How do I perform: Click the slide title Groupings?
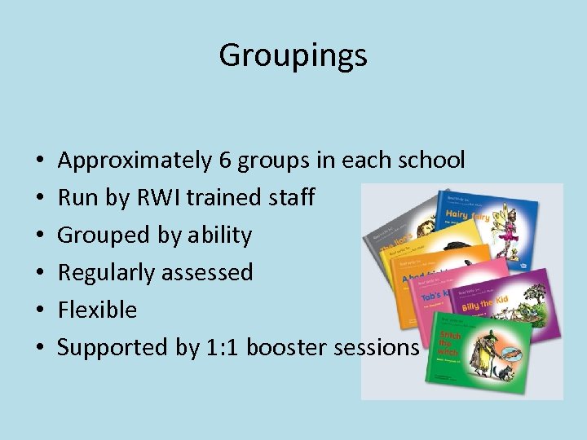[x=293, y=55]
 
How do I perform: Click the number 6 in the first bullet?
[x=225, y=160]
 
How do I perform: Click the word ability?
[x=219, y=235]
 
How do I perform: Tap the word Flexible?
[x=97, y=310]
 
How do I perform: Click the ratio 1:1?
[x=221, y=347]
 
